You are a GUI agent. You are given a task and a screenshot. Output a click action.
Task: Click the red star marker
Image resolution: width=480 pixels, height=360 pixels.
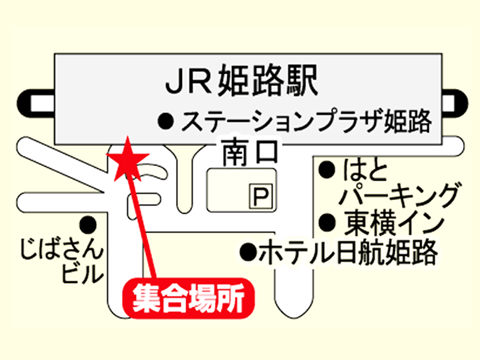point(127,161)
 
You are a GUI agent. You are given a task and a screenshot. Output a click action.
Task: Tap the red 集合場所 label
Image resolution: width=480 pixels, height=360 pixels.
point(188,298)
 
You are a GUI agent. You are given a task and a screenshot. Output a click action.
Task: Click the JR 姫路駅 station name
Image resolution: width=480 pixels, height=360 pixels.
point(242,81)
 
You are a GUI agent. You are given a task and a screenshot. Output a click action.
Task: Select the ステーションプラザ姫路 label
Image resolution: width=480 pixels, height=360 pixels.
point(307,121)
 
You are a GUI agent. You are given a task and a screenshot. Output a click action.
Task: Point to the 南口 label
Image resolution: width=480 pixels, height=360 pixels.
point(250,152)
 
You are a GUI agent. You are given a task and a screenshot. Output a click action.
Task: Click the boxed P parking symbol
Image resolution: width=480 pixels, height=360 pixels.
point(261,197)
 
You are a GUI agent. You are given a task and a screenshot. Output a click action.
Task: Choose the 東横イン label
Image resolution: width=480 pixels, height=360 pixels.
point(394,223)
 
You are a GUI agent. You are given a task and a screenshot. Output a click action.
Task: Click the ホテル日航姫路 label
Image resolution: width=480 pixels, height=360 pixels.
point(348,252)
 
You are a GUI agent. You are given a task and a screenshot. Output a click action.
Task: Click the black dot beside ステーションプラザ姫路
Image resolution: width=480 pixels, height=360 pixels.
point(166,121)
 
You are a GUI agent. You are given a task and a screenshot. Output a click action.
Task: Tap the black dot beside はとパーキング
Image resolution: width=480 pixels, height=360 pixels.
point(327,170)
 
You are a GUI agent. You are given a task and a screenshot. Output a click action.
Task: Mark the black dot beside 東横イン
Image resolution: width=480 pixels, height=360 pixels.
point(327,222)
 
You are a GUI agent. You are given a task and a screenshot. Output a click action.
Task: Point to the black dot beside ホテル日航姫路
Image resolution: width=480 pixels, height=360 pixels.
point(248,252)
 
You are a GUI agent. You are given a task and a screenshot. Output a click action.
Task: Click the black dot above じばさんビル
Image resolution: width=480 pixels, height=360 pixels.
point(88,224)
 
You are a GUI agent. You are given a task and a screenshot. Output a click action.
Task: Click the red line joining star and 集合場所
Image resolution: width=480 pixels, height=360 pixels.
point(142,227)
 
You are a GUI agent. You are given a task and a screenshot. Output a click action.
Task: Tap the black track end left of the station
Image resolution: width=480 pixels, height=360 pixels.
point(36,104)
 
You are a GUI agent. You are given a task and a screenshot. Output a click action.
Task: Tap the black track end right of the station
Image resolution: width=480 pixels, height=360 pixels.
point(455,104)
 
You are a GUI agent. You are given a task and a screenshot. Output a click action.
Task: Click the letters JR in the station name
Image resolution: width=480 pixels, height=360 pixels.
point(188,81)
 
